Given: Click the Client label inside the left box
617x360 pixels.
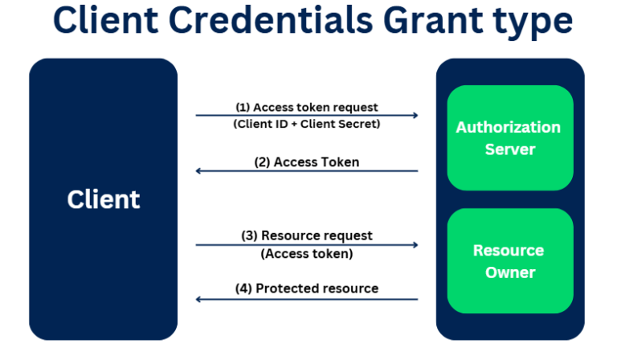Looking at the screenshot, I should point(103,199).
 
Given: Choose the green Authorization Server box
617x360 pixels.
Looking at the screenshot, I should point(509,137).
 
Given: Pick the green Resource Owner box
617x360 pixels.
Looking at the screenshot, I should point(509,261).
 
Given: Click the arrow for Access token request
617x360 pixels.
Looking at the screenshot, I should point(306,116).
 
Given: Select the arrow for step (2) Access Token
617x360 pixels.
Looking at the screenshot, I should point(306,170).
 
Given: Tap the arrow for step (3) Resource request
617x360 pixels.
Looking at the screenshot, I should point(306,244).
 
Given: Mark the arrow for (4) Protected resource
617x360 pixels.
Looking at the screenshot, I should point(306,299).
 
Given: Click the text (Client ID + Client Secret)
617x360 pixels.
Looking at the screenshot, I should point(306,125).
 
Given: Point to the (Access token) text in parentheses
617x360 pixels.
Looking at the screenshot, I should point(306,254).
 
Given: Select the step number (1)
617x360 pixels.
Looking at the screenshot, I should point(243,107).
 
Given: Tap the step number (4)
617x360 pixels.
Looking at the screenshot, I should point(243,288).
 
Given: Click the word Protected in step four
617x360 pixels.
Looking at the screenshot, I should point(284,288).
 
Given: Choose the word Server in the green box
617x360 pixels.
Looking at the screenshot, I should point(509,149).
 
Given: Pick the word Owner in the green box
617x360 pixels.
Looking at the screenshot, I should point(509,272).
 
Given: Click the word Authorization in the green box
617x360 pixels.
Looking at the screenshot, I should point(509,127).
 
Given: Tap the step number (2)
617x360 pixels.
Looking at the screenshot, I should point(262,162).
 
